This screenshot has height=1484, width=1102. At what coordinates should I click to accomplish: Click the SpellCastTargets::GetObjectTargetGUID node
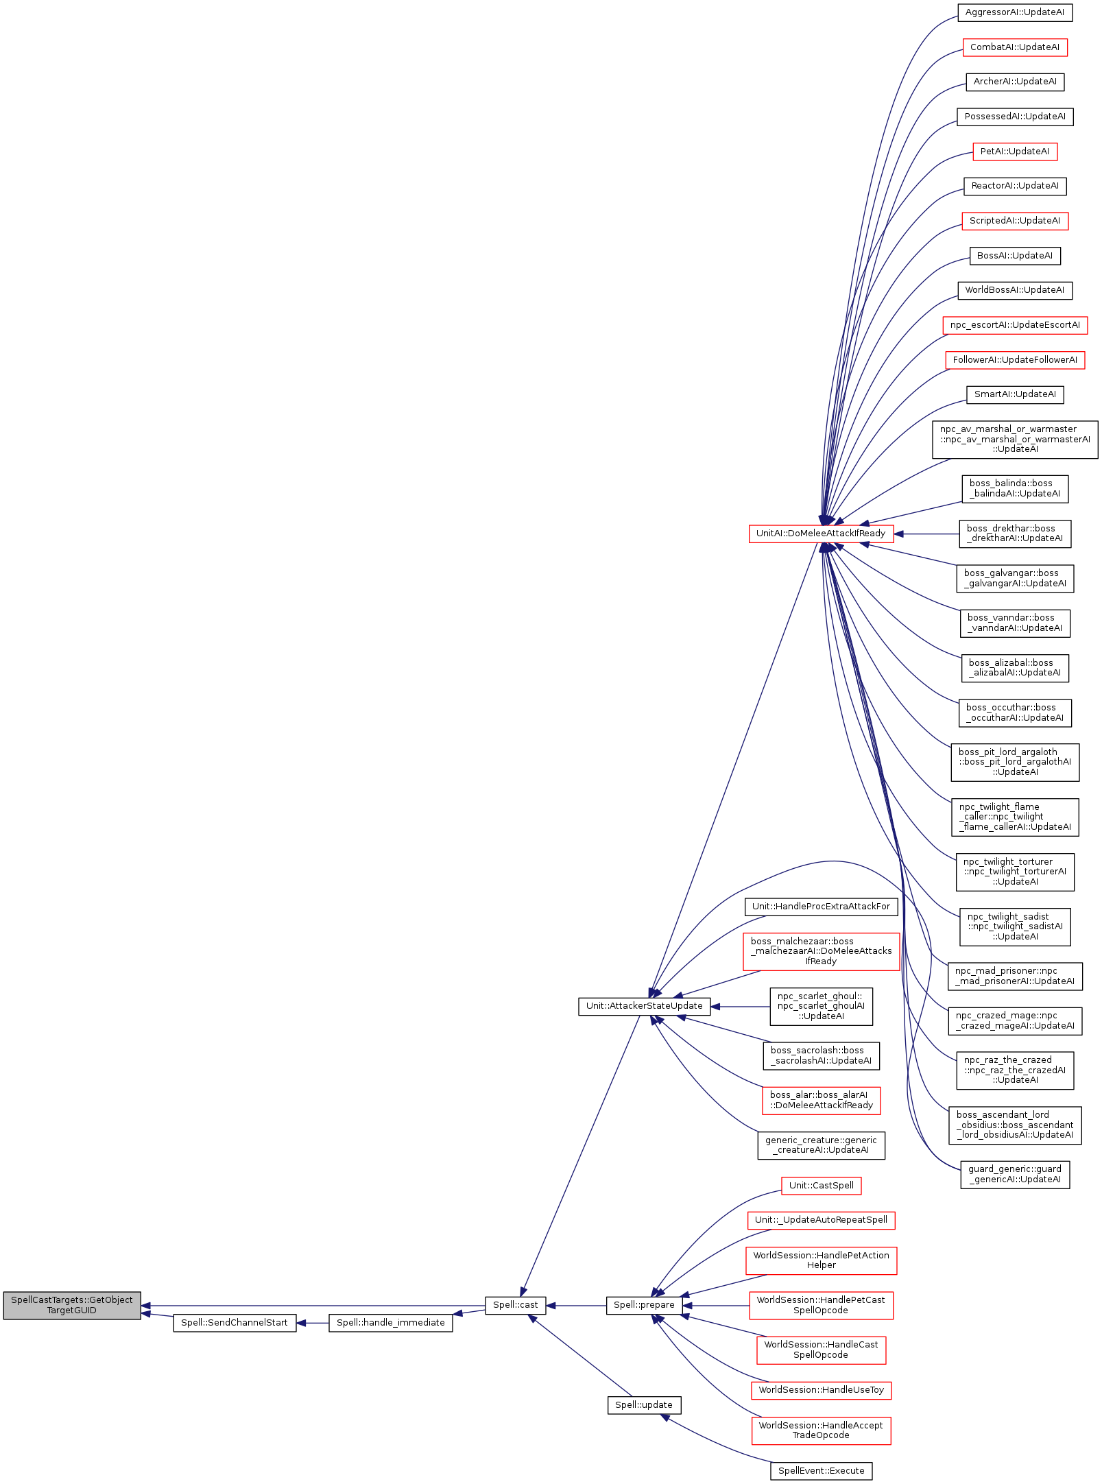72,1305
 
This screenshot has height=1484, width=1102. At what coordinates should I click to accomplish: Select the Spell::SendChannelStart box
235,1323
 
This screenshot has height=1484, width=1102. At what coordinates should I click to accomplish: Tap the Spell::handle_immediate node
390,1323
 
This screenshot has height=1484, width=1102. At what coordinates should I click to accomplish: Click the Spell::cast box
515,1305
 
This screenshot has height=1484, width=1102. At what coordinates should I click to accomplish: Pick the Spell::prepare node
644,1305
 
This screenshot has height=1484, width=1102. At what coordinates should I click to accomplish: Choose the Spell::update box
644,1405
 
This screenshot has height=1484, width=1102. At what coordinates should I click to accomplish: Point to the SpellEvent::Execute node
821,1471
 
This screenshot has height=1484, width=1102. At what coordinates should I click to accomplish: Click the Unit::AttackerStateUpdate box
644,1006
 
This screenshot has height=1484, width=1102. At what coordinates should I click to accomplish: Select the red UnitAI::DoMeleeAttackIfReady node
821,534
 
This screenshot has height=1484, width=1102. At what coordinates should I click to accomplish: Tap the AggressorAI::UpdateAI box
1015,13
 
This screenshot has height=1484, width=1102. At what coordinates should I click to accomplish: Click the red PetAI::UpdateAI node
1015,152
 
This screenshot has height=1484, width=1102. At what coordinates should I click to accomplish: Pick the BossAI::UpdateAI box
1015,256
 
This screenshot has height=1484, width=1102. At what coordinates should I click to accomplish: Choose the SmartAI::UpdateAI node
1015,394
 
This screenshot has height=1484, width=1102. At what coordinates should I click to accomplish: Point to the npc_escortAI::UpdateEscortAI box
1015,325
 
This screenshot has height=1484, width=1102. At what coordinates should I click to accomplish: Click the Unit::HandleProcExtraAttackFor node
821,907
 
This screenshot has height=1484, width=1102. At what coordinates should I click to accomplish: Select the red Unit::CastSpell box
821,1186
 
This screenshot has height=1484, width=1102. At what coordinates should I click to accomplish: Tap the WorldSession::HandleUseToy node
821,1390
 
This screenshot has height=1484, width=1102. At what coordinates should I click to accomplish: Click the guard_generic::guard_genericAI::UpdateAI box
1015,1174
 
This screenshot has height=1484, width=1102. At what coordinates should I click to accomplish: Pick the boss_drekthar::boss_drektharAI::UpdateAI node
1015,534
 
